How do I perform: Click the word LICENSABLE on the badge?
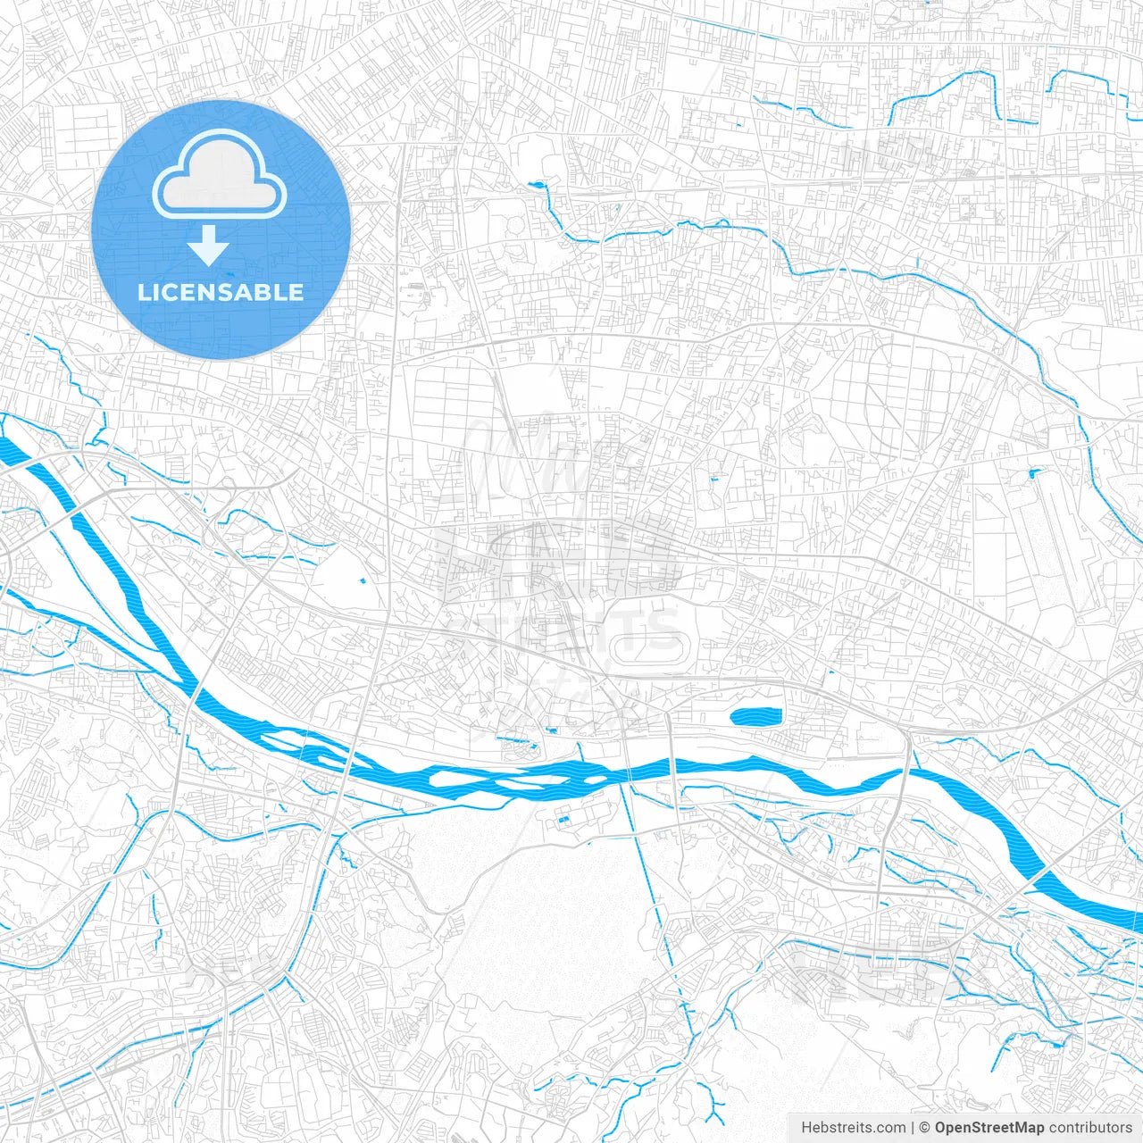pos(221,292)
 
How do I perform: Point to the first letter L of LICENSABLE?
pos(143,292)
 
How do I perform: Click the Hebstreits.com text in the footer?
pos(853,1128)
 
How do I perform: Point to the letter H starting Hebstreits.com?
pos(806,1128)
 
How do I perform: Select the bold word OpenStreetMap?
pos(989,1128)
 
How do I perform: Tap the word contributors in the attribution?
pos(1090,1128)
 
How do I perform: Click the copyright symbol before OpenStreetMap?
pos(925,1128)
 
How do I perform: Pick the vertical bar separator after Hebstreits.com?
pos(913,1128)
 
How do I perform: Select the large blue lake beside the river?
pos(755,715)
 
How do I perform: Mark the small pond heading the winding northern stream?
pos(537,186)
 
